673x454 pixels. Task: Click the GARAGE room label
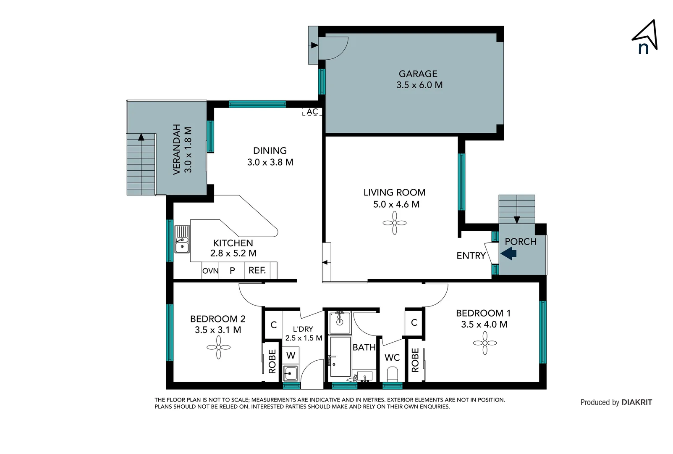tap(418, 74)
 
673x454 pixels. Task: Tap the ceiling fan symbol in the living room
tap(394, 223)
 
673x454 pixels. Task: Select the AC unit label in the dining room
tap(312, 112)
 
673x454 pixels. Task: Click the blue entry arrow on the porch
tap(508, 253)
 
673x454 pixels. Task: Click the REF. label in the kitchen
tap(257, 270)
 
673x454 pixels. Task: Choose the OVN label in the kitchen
tap(210, 271)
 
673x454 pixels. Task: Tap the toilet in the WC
tap(392, 373)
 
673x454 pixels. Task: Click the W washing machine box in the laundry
tap(291, 356)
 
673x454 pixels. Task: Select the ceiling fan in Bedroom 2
tap(218, 347)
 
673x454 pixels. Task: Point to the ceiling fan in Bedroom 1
tap(484, 343)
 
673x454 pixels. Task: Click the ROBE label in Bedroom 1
tap(415, 360)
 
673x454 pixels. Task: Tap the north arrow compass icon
tap(645, 37)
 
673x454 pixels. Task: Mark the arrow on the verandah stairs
tap(141, 137)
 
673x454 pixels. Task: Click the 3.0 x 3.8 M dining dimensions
tap(270, 162)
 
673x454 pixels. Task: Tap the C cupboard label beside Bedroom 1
tap(414, 322)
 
